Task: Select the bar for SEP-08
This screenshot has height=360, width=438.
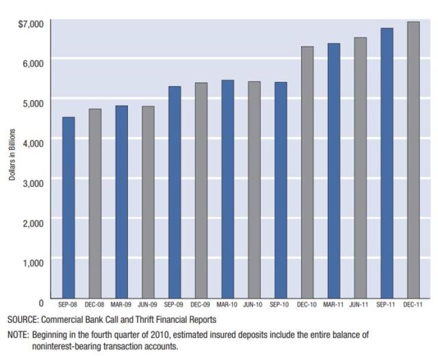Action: [x=68, y=209]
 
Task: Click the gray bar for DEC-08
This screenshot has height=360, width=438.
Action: [x=95, y=205]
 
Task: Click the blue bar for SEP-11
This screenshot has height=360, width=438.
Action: [x=387, y=164]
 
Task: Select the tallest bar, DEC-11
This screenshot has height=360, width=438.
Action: [x=413, y=161]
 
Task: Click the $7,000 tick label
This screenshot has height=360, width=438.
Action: [x=31, y=24]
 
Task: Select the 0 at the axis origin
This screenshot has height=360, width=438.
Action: [x=40, y=303]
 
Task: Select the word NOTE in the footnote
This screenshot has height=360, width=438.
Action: [x=18, y=335]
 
